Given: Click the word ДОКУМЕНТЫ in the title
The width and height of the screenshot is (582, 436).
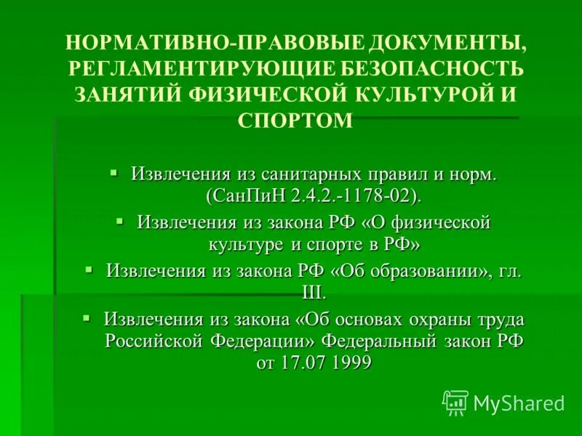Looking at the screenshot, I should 436,43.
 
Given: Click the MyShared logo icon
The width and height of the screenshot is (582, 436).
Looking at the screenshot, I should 455,402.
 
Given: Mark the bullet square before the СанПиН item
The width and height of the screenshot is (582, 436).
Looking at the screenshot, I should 113,172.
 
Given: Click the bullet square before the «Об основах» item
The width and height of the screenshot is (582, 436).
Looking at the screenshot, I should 86,318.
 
